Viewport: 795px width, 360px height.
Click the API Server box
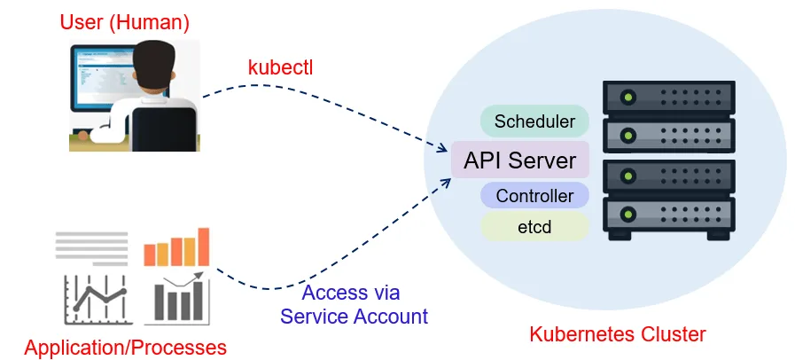[519, 160]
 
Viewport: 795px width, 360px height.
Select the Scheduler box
[534, 121]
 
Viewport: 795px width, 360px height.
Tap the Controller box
[534, 196]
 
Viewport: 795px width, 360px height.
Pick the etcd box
[534, 227]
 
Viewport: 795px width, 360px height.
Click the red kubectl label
[280, 67]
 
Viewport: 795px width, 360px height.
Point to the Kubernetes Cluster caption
[617, 334]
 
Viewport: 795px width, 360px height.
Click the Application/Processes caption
[125, 347]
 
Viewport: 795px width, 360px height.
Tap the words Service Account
[354, 316]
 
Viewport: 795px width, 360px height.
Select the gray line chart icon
[91, 299]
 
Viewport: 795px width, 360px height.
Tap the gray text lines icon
[91, 247]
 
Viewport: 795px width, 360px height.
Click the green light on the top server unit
[628, 96]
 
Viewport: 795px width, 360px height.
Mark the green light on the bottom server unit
[628, 214]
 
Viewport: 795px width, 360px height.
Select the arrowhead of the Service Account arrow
[445, 175]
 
